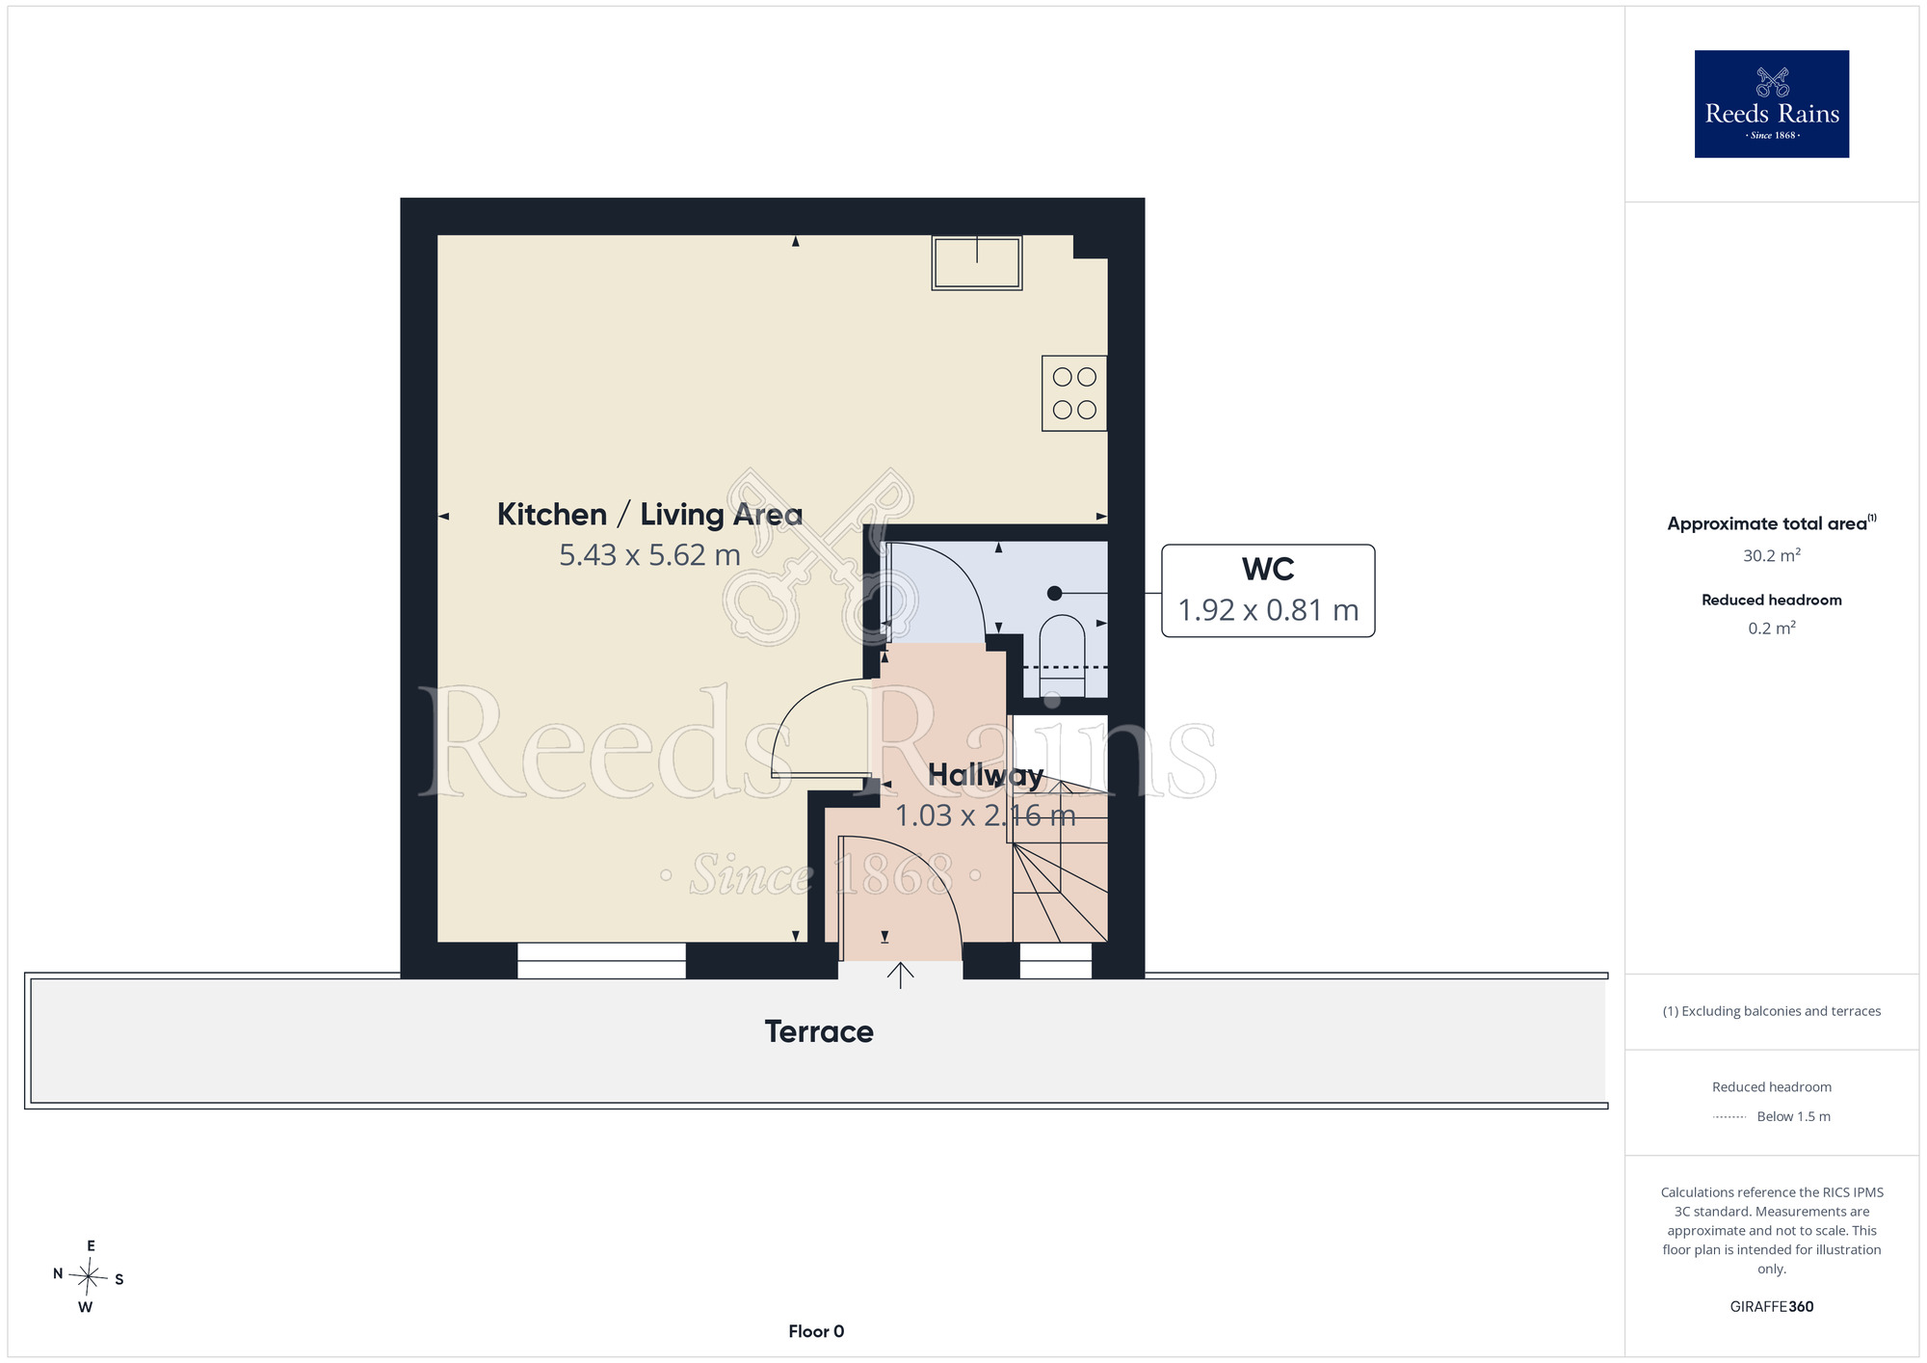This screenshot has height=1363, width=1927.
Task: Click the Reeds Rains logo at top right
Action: point(1771,104)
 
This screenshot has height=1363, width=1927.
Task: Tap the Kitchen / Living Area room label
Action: point(649,514)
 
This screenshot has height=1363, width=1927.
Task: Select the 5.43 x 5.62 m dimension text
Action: point(649,555)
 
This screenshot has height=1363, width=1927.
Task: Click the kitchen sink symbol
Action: point(976,262)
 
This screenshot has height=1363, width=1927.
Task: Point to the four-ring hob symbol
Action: point(1074,393)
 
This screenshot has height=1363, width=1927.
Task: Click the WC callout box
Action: point(1268,591)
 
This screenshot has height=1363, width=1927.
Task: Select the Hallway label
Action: point(986,775)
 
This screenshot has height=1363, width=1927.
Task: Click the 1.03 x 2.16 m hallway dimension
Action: point(985,815)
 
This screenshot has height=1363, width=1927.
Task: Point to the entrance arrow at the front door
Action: point(900,975)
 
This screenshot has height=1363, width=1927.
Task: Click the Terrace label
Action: point(819,1031)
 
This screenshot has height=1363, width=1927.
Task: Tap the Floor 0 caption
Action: point(816,1331)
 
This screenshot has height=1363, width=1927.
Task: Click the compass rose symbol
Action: point(89,1278)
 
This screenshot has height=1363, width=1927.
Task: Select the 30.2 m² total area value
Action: point(1771,555)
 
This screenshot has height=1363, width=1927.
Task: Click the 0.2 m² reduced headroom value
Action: point(1771,628)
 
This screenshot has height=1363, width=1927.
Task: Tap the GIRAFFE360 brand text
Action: point(1771,1307)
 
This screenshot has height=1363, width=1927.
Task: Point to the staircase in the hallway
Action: point(1058,863)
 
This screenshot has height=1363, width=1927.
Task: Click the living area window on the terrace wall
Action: point(601,960)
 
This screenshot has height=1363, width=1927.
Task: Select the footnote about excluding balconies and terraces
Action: point(1771,1011)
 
